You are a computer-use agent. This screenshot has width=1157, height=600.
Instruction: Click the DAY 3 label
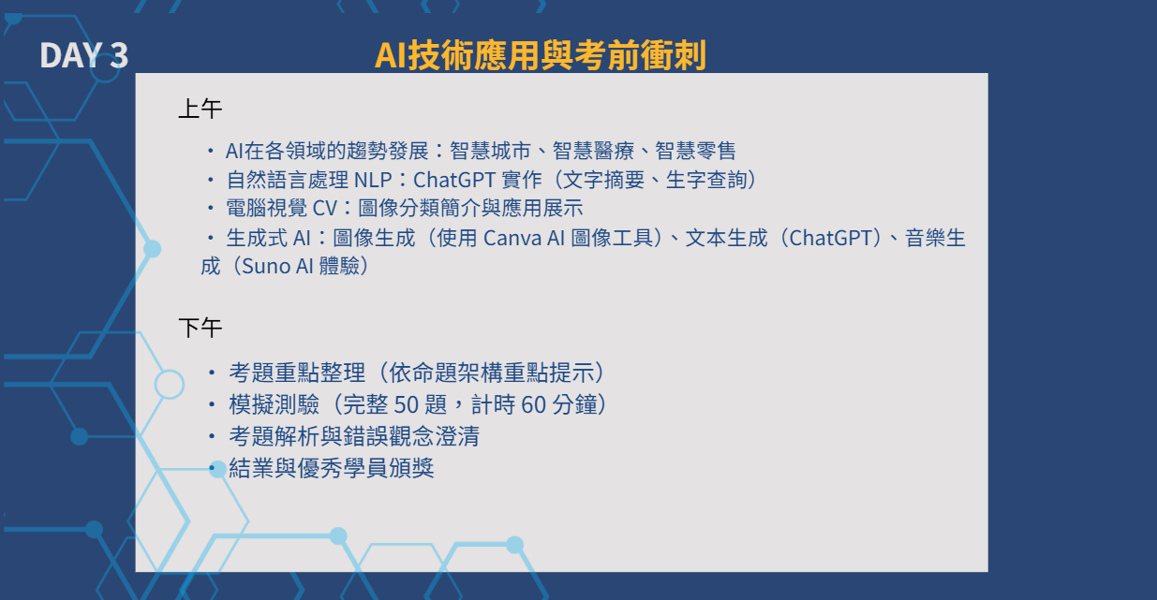pos(83,55)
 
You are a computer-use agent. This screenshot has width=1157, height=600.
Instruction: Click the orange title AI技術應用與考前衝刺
pos(540,55)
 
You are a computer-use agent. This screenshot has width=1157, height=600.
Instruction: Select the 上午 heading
pos(200,109)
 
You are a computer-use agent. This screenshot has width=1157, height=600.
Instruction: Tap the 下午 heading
pos(200,328)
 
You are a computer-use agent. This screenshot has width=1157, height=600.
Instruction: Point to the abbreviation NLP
pos(373,180)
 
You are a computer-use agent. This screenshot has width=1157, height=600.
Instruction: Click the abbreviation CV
pos(325,209)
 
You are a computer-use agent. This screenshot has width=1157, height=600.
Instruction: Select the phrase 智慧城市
pos(490,151)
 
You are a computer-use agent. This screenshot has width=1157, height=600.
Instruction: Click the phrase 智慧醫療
pos(593,151)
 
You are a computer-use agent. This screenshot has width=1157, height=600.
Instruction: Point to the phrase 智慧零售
pos(695,151)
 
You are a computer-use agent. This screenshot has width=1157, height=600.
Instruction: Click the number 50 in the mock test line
pos(406,405)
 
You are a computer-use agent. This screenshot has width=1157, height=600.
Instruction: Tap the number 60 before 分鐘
pos(533,405)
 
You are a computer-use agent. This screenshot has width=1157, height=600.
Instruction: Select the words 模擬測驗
pos(274,404)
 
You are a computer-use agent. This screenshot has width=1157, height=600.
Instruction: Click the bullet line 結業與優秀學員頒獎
pos(331,468)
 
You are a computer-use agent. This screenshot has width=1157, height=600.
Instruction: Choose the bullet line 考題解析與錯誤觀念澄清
pos(354,436)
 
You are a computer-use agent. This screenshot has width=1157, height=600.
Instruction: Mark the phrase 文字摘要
pos(603,180)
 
